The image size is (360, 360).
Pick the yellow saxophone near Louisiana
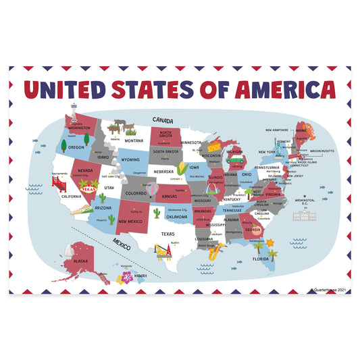[213, 252]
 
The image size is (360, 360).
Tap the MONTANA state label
[134, 140]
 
